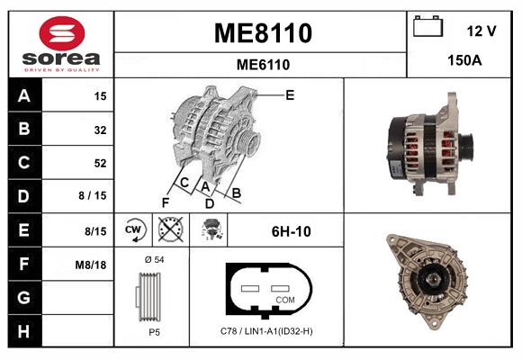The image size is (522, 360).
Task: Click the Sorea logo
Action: click(x=60, y=45)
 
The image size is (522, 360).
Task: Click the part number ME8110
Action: click(x=262, y=34)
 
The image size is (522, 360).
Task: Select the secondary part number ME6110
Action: click(x=262, y=65)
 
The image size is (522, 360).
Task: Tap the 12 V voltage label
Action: click(x=481, y=31)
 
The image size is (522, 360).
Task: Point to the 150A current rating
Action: click(x=464, y=61)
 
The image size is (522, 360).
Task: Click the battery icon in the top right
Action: click(x=428, y=28)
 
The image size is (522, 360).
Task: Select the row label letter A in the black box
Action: click(x=23, y=96)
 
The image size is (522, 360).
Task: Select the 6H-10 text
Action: click(x=291, y=231)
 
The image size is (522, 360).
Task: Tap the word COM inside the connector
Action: click(x=284, y=299)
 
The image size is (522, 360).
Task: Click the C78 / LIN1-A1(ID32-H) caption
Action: click(x=266, y=332)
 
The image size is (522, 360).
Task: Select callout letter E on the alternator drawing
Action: click(x=290, y=94)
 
